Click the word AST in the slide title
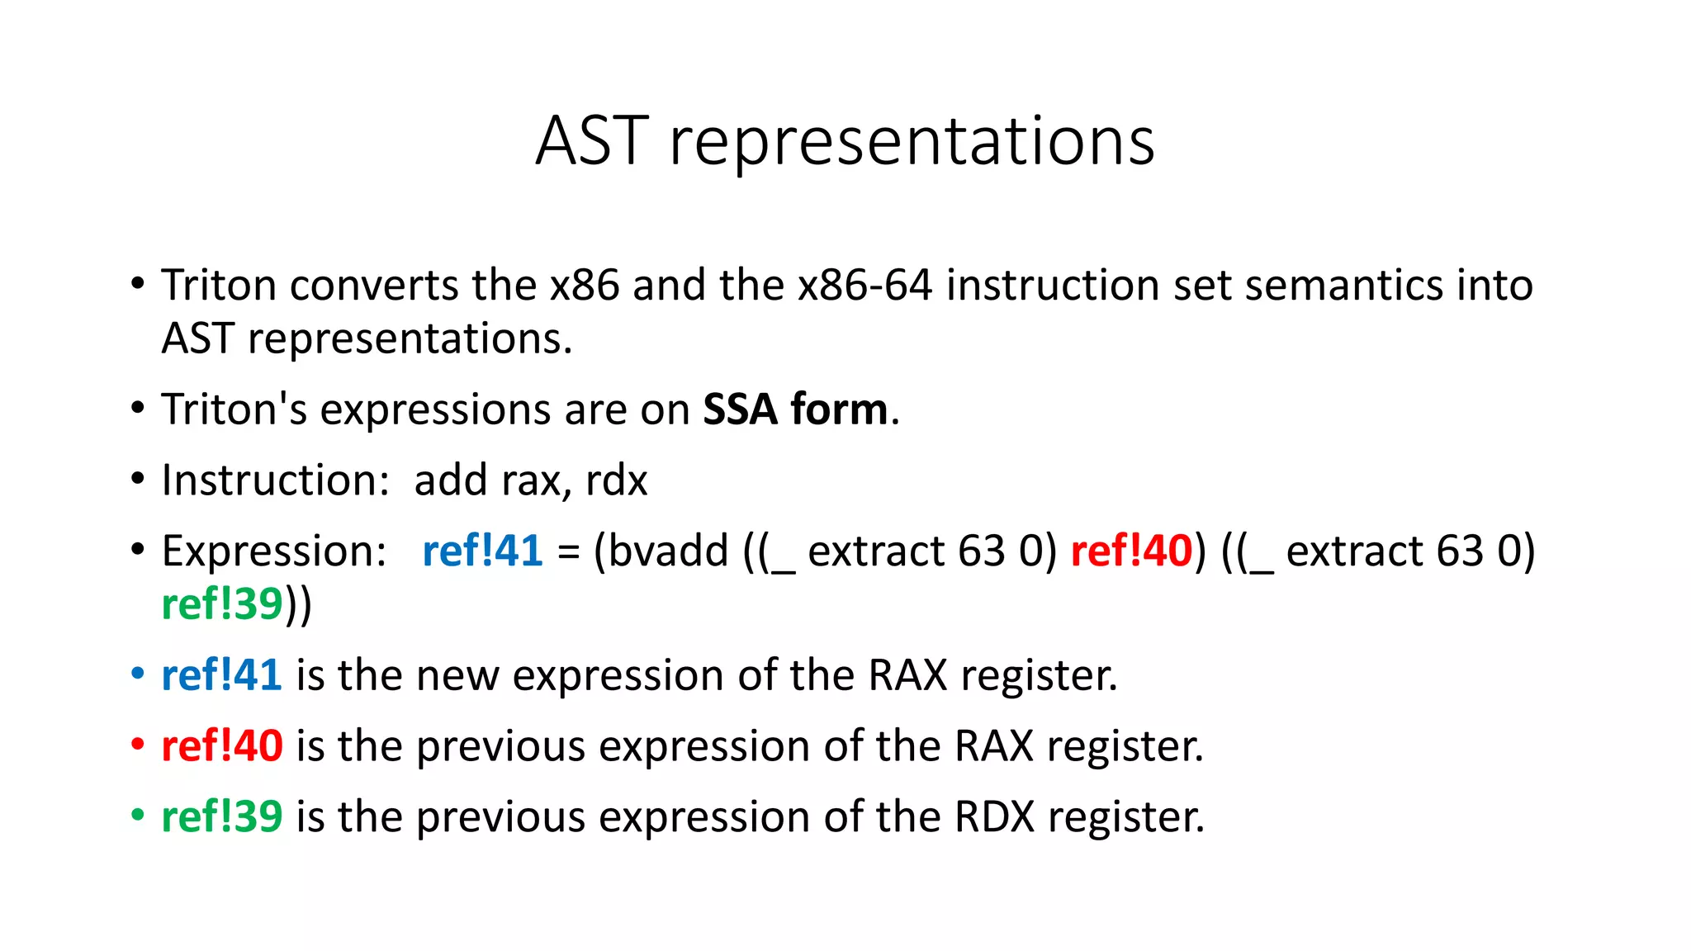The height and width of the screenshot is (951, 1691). tap(591, 141)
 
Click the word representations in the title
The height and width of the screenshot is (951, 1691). tap(912, 143)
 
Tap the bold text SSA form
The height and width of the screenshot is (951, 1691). tap(794, 409)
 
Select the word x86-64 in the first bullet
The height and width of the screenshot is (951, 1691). tap(864, 286)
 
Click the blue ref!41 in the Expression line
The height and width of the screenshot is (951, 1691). tap(482, 551)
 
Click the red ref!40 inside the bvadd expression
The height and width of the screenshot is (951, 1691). tap(1131, 551)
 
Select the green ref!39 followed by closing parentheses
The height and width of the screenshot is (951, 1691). tap(222, 604)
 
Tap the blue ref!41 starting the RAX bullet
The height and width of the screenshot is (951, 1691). tap(221, 675)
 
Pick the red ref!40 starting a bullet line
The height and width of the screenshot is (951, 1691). tap(221, 746)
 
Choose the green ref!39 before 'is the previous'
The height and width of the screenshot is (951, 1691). tap(221, 817)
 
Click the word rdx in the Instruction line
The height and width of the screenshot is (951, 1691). tap(616, 480)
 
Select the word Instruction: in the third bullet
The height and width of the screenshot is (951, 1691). tap(275, 480)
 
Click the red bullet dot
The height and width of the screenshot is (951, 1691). tap(138, 745)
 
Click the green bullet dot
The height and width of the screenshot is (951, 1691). tap(138, 816)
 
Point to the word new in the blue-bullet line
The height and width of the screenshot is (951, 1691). tap(457, 675)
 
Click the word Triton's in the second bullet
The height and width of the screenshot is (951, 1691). tap(234, 409)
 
